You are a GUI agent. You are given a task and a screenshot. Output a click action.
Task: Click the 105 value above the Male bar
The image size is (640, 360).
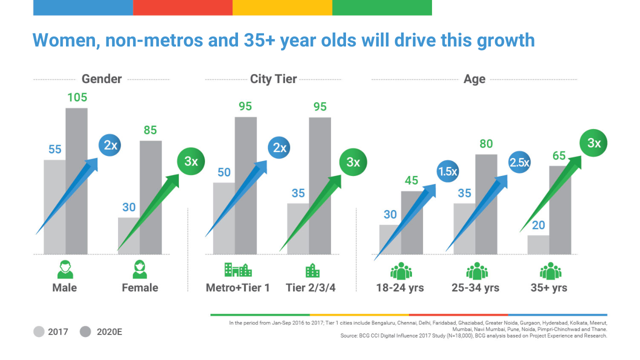click(77, 97)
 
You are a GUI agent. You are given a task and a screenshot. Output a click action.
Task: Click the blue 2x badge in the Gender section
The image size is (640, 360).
click(110, 145)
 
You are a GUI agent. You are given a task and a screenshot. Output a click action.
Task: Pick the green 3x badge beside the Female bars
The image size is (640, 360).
click(190, 161)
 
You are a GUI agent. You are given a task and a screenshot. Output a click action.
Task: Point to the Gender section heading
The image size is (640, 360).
click(101, 79)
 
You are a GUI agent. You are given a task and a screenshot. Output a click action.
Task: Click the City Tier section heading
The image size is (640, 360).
click(273, 79)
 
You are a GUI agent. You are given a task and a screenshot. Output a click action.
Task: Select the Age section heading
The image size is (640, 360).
click(474, 79)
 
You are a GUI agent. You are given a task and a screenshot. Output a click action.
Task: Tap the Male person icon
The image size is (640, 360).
click(65, 269)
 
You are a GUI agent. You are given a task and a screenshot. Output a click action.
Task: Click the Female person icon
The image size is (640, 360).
click(140, 269)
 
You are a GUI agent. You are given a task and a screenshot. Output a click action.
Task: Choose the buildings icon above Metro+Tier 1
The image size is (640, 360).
click(238, 270)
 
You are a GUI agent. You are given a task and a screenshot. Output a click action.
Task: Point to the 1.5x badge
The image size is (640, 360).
click(447, 171)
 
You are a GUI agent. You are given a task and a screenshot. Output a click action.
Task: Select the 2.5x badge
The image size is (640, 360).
click(519, 162)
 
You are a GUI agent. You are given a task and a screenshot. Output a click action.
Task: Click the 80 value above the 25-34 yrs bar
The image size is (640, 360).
click(486, 144)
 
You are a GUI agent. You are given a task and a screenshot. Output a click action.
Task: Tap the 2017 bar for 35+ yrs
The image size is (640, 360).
click(538, 244)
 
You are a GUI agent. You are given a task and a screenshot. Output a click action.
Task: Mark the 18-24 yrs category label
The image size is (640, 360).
click(400, 288)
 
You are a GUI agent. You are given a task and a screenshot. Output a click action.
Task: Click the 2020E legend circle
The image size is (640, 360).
click(85, 331)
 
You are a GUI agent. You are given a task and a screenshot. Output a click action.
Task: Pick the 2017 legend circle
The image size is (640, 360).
click(39, 331)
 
